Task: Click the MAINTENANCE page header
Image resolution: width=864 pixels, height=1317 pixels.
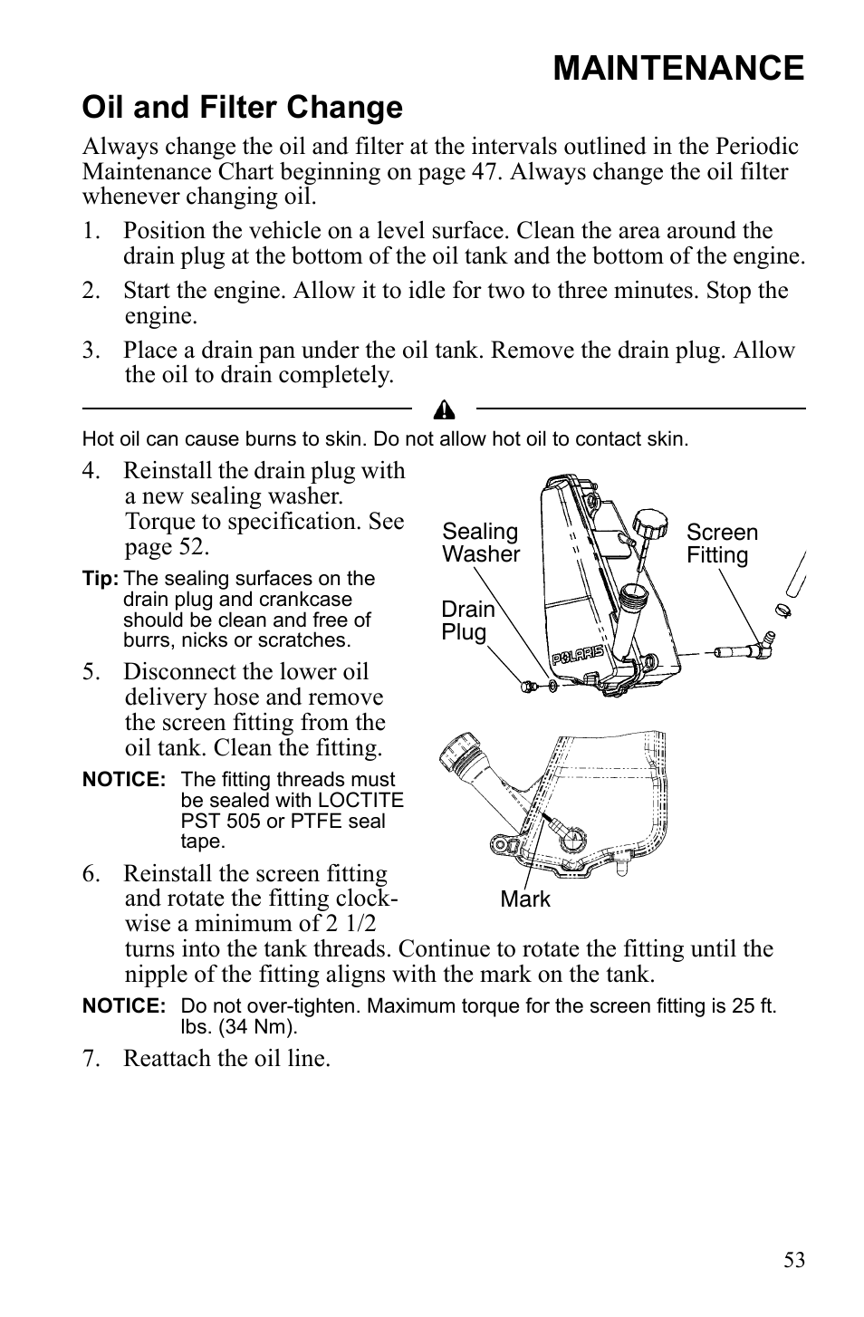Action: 677,68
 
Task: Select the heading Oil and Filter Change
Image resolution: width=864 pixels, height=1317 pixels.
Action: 242,108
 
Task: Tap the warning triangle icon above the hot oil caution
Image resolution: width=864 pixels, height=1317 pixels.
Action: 444,411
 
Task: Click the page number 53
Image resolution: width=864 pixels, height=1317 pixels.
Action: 793,1260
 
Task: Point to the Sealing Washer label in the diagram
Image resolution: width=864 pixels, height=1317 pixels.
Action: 480,543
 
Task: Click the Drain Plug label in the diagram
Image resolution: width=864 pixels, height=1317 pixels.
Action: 467,620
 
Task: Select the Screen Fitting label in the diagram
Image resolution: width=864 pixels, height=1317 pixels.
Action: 721,543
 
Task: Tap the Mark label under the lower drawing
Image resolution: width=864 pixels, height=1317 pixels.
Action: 524,899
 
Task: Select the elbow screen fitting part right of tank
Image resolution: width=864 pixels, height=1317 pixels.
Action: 744,648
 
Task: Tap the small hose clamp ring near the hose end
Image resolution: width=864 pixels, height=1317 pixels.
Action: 784,610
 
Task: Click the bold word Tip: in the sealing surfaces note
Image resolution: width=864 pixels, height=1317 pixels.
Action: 100,579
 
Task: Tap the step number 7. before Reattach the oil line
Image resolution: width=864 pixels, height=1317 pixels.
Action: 91,1058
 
